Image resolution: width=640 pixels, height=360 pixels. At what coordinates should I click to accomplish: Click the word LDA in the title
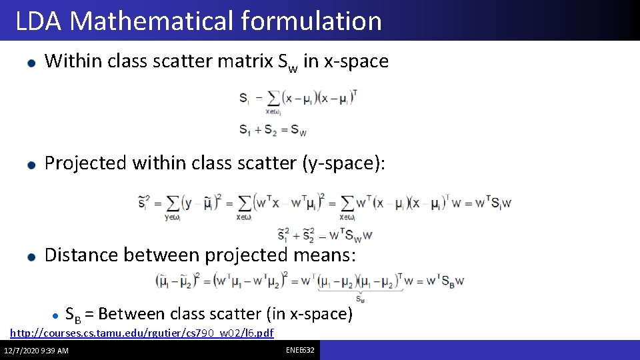pos(39,21)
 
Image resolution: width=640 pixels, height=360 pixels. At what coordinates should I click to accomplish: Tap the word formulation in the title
pos(312,21)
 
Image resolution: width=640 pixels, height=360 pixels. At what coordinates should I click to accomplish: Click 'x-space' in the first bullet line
pos(356,61)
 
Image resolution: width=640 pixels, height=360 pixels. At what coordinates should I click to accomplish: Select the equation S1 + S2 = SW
pos(273,130)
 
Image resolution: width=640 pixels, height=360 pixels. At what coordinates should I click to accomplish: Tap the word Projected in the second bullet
pos(85,163)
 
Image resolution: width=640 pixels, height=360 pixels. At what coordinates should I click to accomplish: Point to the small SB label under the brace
pos(360,299)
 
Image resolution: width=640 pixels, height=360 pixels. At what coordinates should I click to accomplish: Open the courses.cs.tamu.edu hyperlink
pos(142,333)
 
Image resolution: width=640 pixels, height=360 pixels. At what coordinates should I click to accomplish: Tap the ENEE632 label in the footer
pos(301,350)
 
